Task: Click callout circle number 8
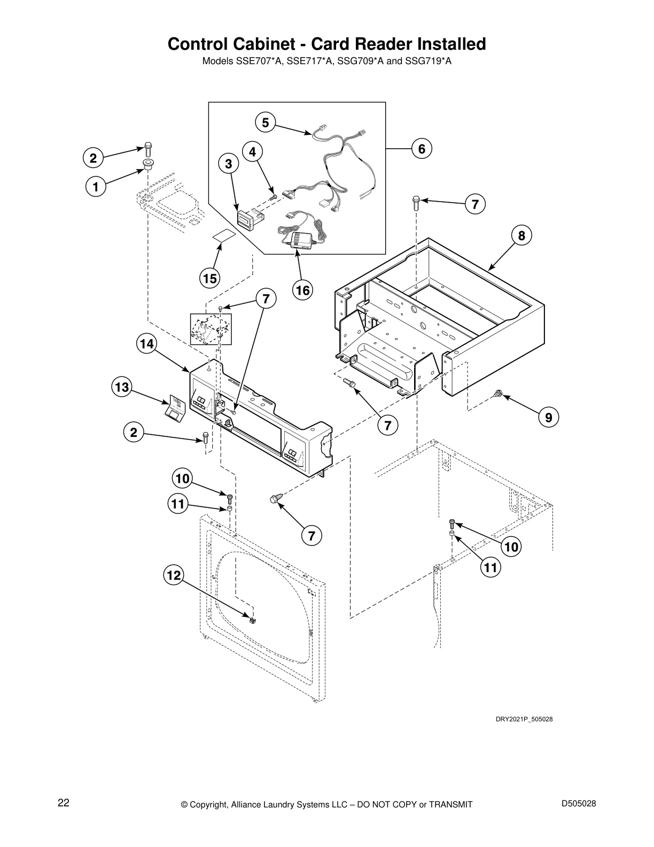tap(521, 235)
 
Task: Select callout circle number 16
tap(302, 290)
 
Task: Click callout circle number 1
tap(95, 187)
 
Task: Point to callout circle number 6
tap(421, 148)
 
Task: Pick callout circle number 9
tap(549, 417)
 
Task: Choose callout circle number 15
tap(210, 278)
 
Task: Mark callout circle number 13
tap(122, 387)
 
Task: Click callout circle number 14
tap(145, 344)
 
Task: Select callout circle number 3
tap(228, 165)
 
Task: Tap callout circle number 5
tap(265, 122)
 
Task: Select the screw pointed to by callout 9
tap(498, 394)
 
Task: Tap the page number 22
tap(64, 803)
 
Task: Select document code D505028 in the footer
tap(579, 803)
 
